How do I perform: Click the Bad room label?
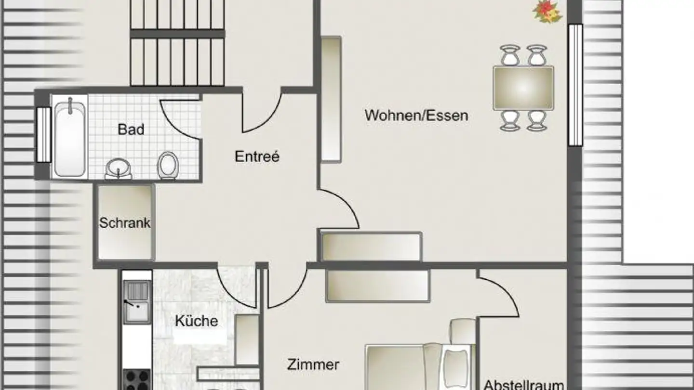(131, 130)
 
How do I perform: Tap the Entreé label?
(257, 156)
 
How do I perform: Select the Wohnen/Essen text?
(416, 116)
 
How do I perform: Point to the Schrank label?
(125, 223)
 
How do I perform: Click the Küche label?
(196, 321)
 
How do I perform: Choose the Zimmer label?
(313, 364)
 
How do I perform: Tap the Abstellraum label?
(523, 385)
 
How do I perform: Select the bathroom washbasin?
(118, 169)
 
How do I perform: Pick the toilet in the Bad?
(168, 165)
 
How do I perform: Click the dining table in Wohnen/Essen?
(523, 88)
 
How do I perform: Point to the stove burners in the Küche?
(137, 380)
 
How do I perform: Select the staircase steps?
(177, 43)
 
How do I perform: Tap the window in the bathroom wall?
(44, 134)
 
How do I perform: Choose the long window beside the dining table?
(575, 85)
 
